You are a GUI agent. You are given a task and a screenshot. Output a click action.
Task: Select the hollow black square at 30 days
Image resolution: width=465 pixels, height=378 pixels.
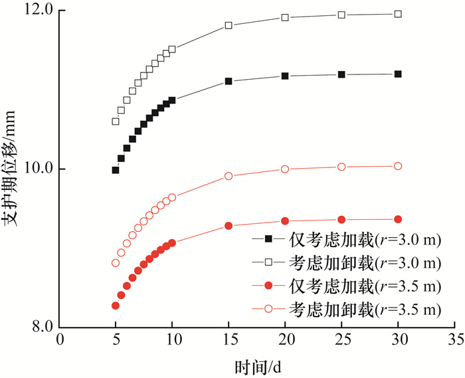398,14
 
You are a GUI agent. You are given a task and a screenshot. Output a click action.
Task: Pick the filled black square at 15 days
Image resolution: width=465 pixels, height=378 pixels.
229,81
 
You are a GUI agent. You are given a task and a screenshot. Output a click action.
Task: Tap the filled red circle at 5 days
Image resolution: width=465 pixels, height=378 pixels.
116,306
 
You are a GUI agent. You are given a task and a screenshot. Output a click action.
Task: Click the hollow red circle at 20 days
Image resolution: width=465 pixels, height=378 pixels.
285,169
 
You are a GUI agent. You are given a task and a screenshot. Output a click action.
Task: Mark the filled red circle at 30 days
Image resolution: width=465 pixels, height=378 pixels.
398,219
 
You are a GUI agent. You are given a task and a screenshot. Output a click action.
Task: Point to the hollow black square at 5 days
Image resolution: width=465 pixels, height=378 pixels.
116,122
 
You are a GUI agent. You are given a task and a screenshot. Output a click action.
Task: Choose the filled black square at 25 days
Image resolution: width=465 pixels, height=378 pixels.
341,74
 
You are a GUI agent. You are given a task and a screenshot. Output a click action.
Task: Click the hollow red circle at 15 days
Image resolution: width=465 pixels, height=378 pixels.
229,176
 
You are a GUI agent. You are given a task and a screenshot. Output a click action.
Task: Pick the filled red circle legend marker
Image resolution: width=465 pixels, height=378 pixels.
268,286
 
